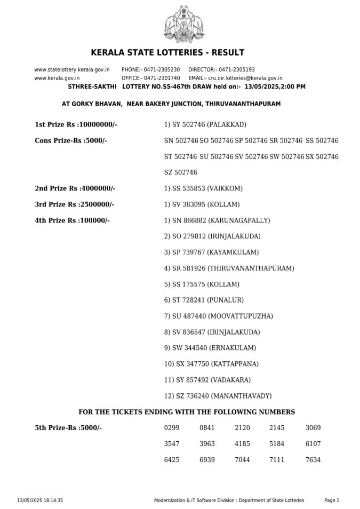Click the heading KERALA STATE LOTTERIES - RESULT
167,52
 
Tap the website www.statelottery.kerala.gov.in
72,69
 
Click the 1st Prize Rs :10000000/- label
76,124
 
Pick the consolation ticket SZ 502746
181,172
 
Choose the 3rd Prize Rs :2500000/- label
74,204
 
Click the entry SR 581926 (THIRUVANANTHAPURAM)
229,268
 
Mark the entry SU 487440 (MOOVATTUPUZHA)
219,316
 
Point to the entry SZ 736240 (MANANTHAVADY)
218,396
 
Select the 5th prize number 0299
172,428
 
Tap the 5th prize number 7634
313,460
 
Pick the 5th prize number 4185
242,444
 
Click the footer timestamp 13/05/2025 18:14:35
40,500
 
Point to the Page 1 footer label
332,500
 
